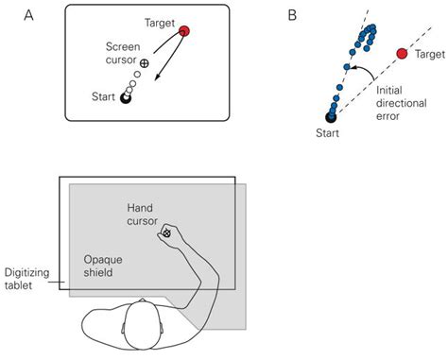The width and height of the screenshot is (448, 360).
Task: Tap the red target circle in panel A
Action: coord(184,31)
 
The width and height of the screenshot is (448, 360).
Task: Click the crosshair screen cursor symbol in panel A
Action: coord(145,63)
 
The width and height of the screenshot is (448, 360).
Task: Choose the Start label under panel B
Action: coord(330,134)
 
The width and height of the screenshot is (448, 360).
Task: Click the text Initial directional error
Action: coord(403,101)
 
